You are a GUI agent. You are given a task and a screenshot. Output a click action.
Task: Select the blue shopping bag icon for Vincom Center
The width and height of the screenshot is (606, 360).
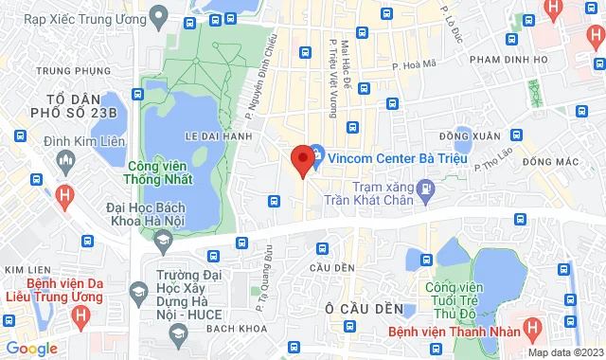[x=316, y=152]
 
